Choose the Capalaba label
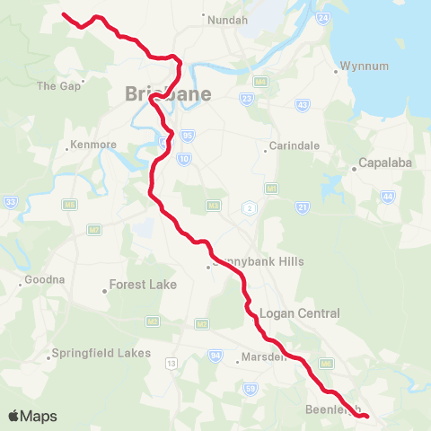383,163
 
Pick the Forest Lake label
144,285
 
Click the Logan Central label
299,313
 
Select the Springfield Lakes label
101,353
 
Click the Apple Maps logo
32,416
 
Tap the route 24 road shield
323,17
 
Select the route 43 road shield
302,105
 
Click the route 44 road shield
388,195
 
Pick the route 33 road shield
10,201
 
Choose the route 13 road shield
171,365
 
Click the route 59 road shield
250,388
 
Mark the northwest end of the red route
63,14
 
